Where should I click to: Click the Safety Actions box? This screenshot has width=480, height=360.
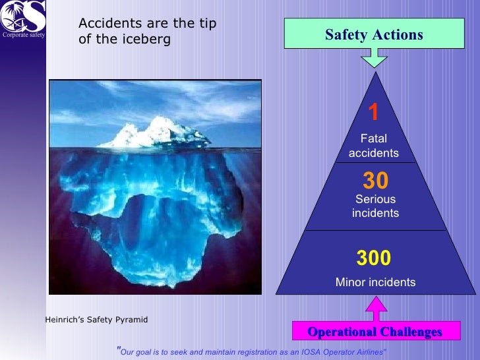[x=374, y=34]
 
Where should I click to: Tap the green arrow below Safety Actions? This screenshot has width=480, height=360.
[x=374, y=59]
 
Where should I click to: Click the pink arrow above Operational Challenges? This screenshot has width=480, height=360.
[x=374, y=309]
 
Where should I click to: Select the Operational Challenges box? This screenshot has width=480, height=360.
[x=374, y=332]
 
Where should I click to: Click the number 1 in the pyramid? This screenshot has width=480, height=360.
[x=373, y=113]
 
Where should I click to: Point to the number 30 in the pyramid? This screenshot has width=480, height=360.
[x=375, y=181]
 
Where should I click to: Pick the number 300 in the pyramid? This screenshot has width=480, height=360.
[x=374, y=258]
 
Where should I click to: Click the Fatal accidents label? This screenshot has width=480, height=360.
[x=374, y=146]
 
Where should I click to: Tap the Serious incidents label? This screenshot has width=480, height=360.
[x=375, y=206]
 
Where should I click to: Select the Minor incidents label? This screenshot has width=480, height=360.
[x=375, y=282]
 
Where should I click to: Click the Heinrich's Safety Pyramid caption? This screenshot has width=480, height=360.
[x=96, y=320]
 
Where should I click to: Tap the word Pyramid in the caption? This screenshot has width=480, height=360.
[x=132, y=320]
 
